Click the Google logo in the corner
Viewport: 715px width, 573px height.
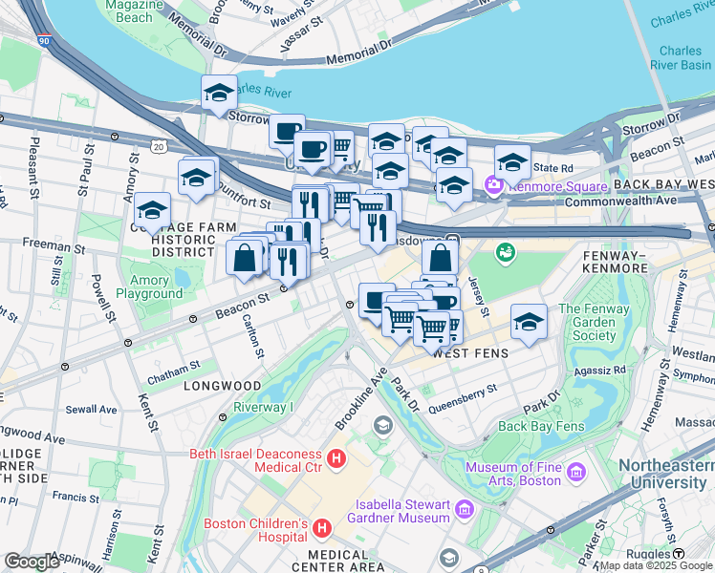(x=32, y=562)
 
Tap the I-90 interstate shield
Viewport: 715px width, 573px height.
(x=44, y=41)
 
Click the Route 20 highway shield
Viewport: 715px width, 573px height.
(x=158, y=145)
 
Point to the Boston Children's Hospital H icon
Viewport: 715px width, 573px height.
(x=322, y=527)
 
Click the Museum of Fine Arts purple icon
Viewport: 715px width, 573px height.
(x=575, y=473)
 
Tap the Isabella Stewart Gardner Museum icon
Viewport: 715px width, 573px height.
(x=465, y=510)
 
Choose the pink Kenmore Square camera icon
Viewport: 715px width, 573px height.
(x=494, y=184)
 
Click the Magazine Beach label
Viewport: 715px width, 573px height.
(x=127, y=11)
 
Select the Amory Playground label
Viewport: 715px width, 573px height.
(x=149, y=286)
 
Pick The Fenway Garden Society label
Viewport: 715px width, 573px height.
(x=601, y=322)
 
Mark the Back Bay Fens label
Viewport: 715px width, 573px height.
(x=539, y=426)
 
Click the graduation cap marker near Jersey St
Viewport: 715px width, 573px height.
(x=528, y=321)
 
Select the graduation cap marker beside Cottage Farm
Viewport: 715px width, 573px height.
(x=152, y=209)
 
